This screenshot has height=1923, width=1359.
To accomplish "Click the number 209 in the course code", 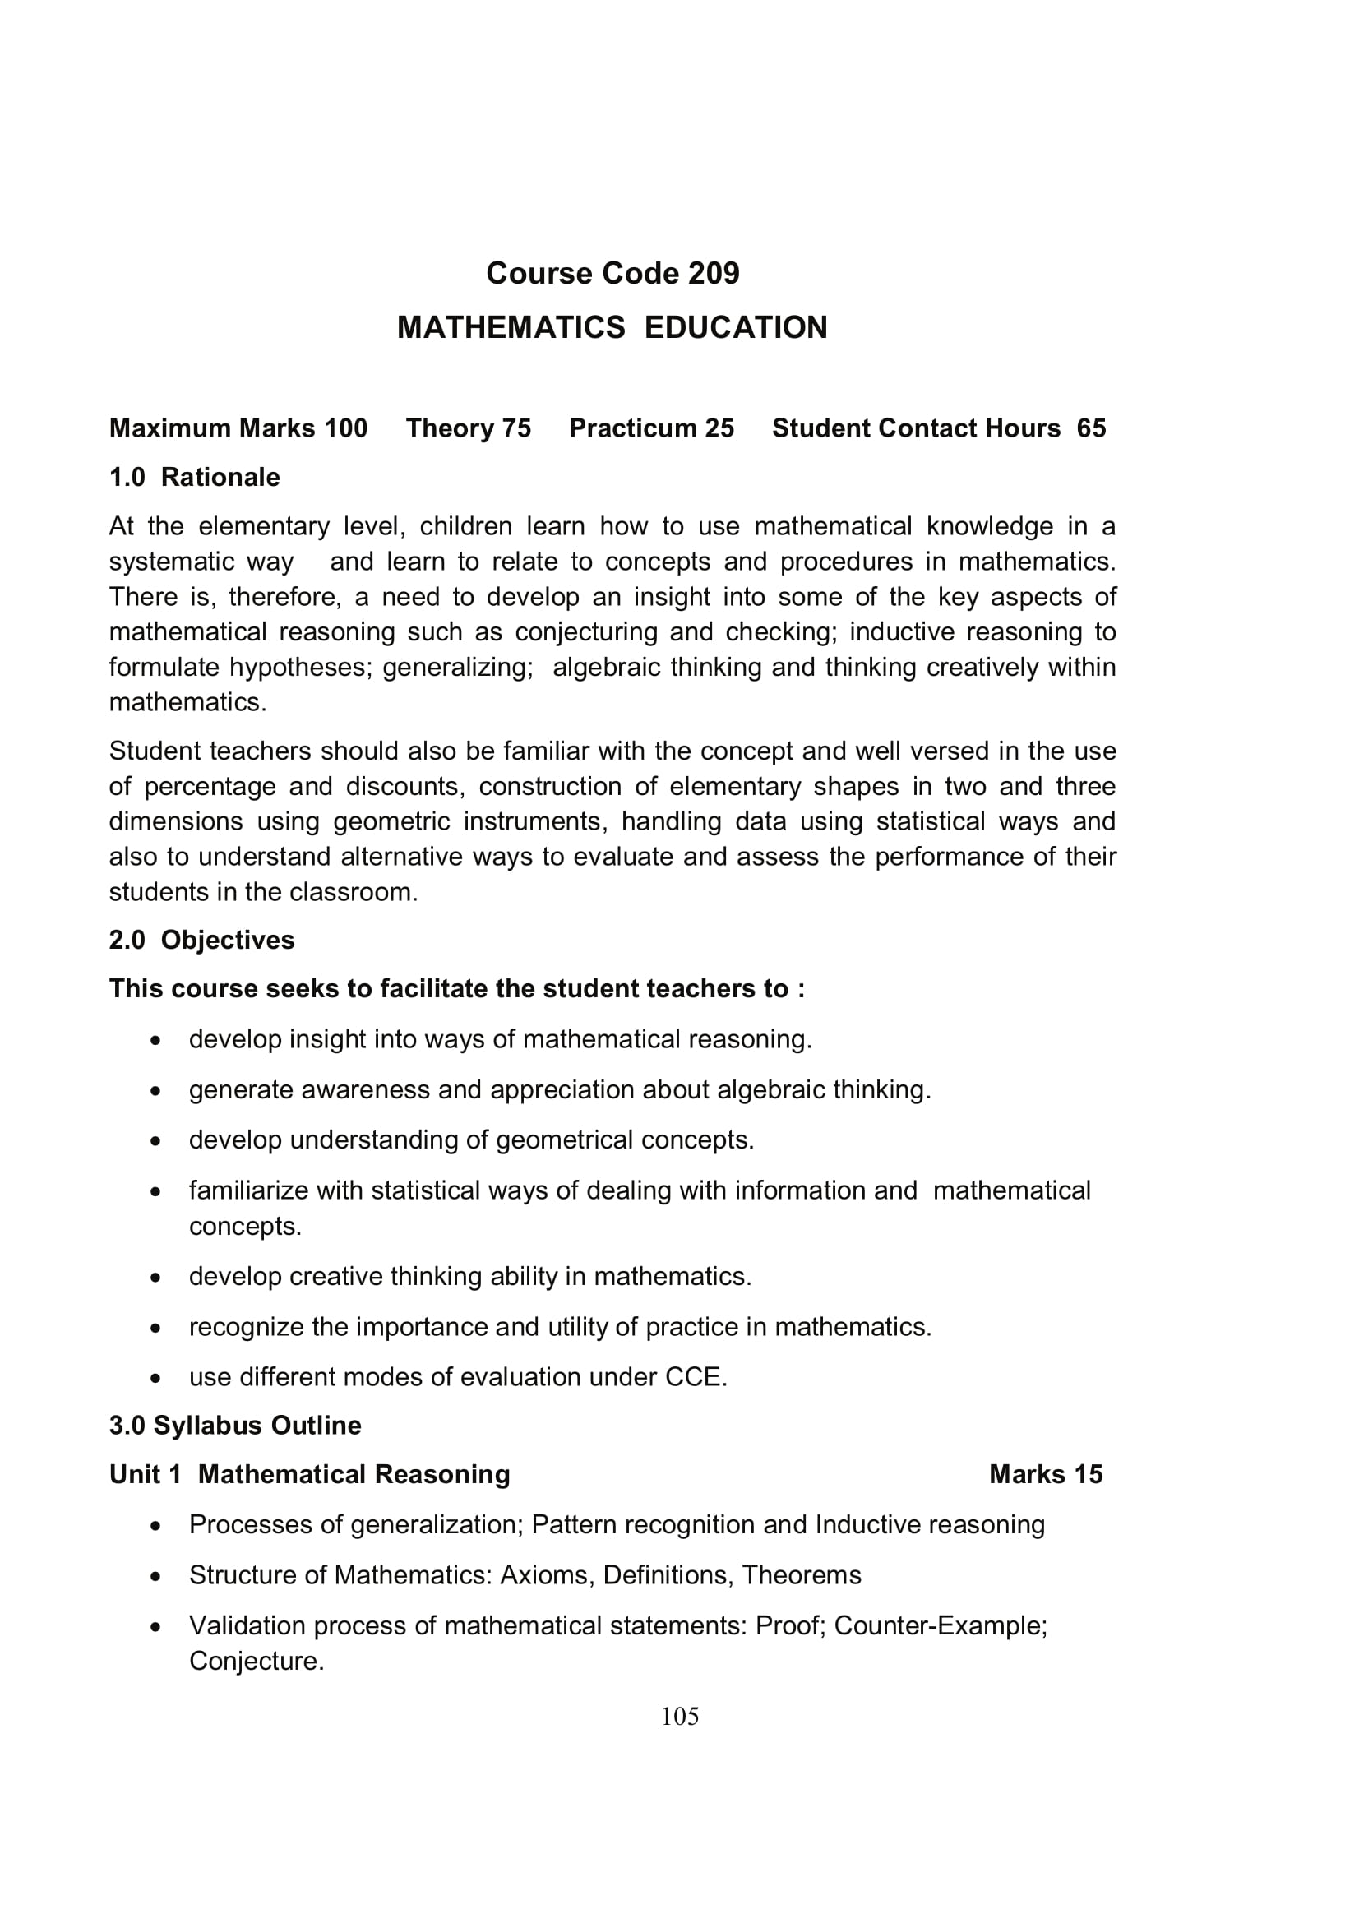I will point(714,274).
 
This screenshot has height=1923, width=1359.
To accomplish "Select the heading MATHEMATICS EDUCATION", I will point(612,327).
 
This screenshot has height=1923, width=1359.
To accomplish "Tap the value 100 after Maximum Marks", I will point(346,428).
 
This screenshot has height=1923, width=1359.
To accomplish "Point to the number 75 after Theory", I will point(516,428).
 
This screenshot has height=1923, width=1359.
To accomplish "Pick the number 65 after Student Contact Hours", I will point(1091,428).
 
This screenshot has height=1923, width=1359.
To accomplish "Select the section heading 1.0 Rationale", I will point(194,478).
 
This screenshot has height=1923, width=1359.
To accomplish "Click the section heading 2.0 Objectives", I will point(201,941).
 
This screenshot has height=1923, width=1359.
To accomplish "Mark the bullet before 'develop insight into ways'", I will point(155,1041).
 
